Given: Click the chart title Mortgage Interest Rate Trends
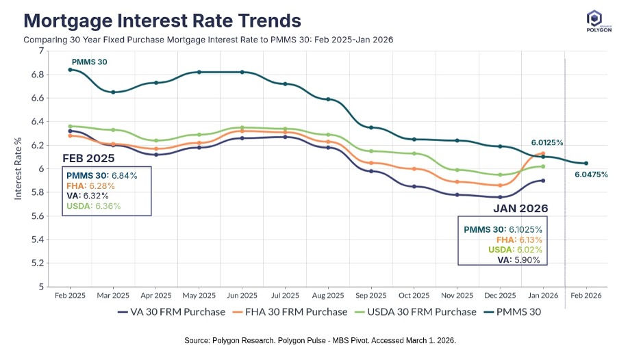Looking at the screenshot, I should click(x=162, y=20).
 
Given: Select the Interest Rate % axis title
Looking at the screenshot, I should click(x=18, y=168).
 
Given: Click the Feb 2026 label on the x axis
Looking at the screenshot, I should click(x=586, y=296).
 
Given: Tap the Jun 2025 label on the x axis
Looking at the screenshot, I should click(x=242, y=296).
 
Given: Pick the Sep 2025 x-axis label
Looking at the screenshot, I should click(x=370, y=296).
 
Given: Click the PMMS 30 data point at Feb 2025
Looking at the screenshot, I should click(x=70, y=69).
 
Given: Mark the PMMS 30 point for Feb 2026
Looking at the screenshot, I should click(x=586, y=163).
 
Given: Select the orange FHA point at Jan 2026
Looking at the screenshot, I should click(x=543, y=153).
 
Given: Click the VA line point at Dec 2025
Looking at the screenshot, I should click(x=500, y=197).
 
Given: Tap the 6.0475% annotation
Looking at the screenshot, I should click(x=591, y=175).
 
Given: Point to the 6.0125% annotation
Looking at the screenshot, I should click(x=547, y=143).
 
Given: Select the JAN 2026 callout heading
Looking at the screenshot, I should click(x=520, y=207).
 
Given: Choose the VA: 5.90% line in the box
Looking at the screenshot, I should click(x=518, y=259).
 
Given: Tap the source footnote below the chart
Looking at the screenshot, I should click(x=320, y=340).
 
